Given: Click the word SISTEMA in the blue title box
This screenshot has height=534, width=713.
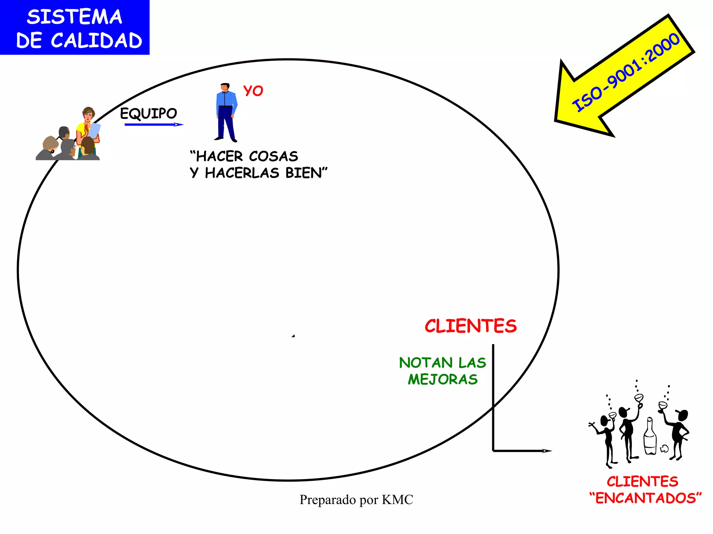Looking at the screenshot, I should (x=75, y=17).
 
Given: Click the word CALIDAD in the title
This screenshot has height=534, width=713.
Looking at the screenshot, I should (x=96, y=41).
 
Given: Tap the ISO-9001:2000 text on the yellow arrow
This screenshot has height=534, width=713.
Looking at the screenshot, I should (x=626, y=72).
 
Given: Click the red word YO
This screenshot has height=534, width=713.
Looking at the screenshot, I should (x=253, y=91).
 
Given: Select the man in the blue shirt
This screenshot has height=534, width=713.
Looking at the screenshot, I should (x=226, y=112).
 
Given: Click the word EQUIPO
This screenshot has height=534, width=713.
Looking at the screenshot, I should (x=149, y=113).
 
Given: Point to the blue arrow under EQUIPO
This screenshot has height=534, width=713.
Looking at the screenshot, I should (x=153, y=124).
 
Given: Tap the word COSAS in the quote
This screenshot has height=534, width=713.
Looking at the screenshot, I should (x=274, y=156).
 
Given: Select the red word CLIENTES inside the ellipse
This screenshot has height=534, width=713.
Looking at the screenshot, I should (x=471, y=326).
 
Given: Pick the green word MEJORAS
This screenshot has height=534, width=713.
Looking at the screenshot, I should (x=443, y=379).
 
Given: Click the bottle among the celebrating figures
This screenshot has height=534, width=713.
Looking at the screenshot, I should (x=650, y=437).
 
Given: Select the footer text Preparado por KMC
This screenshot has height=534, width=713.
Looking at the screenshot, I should (x=356, y=500).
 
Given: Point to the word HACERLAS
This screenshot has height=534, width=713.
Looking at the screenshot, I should (x=242, y=173).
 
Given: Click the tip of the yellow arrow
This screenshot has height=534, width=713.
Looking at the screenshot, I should (x=557, y=120).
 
